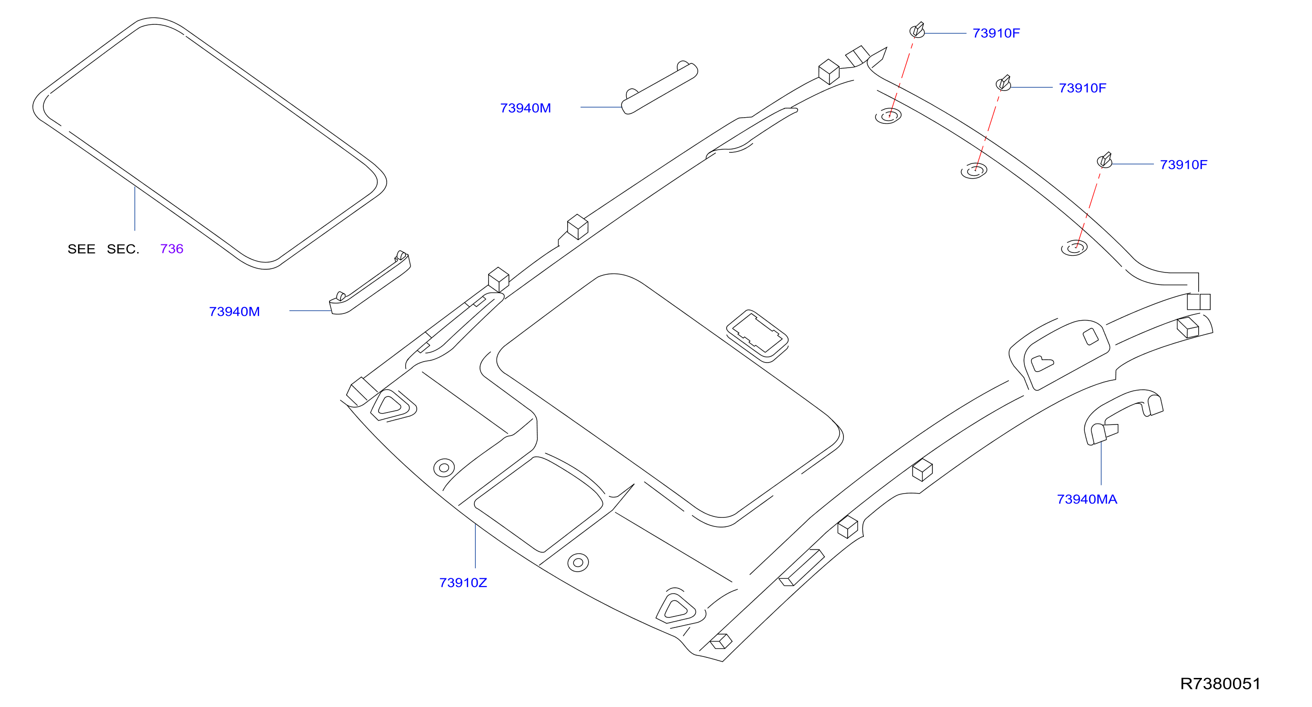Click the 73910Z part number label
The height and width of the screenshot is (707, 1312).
pyautogui.click(x=463, y=583)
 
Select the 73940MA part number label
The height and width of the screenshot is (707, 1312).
pyautogui.click(x=1087, y=499)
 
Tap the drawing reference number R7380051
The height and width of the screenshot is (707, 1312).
pyautogui.click(x=1220, y=684)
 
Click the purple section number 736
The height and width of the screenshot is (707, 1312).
pyautogui.click(x=171, y=249)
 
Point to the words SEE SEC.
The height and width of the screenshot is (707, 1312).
pyautogui.click(x=103, y=249)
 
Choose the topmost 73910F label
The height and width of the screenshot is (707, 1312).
pyautogui.click(x=996, y=33)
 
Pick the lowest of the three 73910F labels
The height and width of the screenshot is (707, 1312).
pyautogui.click(x=1183, y=164)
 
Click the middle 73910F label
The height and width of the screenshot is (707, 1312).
pyautogui.click(x=1082, y=88)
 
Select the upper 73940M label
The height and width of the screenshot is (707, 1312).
pyautogui.click(x=526, y=108)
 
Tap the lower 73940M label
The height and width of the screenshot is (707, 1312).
pyautogui.click(x=234, y=311)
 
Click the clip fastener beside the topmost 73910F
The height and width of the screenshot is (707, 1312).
pyautogui.click(x=917, y=30)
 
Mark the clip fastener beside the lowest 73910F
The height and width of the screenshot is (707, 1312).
pyautogui.click(x=1104, y=160)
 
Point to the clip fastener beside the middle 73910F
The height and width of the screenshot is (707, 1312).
pyautogui.click(x=1003, y=83)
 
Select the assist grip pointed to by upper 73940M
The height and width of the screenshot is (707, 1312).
pyautogui.click(x=660, y=88)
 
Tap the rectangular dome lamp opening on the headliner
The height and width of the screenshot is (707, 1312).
pyautogui.click(x=757, y=336)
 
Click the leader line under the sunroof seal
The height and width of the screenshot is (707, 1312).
pyautogui.click(x=135, y=209)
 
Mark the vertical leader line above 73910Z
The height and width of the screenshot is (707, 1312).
pyautogui.click(x=475, y=545)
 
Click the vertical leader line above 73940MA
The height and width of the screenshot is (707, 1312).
pyautogui.click(x=1101, y=463)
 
